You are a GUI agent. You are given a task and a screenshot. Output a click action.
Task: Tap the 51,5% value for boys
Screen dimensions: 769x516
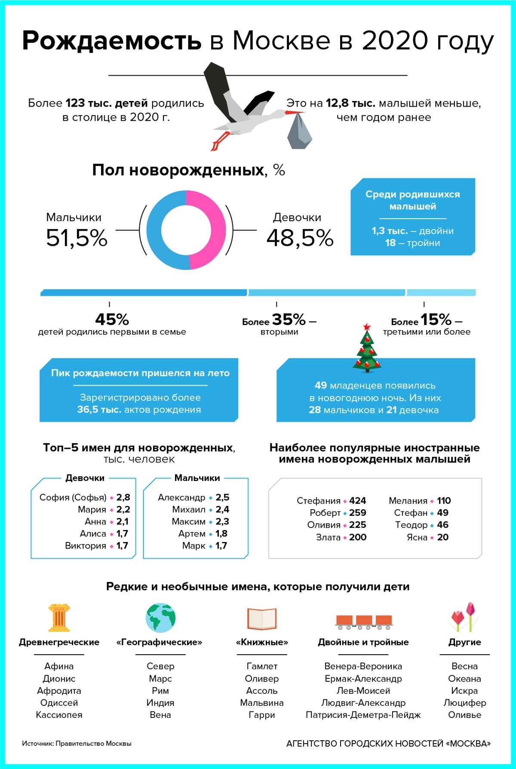[77, 238]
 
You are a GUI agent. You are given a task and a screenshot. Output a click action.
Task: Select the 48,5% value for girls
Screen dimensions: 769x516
[300, 238]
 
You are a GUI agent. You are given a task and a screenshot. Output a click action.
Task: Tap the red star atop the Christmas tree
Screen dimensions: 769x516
[367, 327]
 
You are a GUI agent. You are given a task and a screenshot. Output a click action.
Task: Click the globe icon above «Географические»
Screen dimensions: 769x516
[160, 618]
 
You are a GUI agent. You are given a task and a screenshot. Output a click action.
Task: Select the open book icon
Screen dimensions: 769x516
[261, 619]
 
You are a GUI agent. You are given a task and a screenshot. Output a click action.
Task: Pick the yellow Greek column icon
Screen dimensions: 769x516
[59, 618]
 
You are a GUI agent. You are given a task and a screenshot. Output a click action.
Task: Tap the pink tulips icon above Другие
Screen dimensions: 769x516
[464, 617]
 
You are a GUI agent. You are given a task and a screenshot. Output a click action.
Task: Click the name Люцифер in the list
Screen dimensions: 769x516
[464, 703]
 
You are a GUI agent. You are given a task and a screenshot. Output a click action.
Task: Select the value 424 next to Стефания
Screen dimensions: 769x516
[357, 501]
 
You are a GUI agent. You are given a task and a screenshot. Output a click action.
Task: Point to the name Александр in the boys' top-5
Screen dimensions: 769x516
[181, 497]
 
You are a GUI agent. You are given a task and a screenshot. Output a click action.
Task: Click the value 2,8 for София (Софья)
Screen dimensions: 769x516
[123, 497]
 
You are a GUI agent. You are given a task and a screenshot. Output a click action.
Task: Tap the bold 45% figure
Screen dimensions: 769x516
[112, 319]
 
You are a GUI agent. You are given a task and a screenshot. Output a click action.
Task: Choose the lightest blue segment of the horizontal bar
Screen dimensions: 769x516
[441, 293]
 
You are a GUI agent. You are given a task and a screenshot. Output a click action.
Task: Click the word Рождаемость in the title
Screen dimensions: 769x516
[112, 41]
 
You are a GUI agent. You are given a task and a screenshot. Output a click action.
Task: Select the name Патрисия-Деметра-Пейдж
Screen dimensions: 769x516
[363, 715]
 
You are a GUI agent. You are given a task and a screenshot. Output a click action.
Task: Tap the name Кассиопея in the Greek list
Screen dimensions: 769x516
[59, 715]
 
